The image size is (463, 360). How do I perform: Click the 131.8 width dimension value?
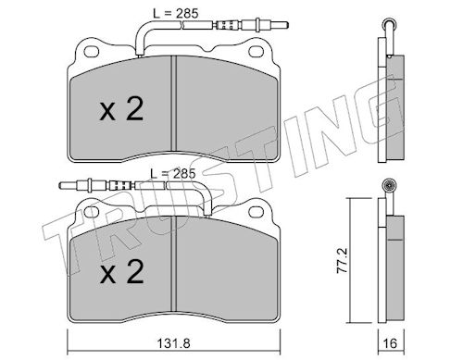(173, 343)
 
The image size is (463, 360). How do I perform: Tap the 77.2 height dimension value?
(342, 260)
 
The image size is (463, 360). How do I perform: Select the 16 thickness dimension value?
(390, 343)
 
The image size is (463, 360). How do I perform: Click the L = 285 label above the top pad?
(176, 13)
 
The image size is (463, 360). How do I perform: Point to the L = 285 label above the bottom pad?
(173, 174)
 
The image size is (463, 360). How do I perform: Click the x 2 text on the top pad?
(121, 109)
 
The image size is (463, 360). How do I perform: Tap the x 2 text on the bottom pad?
(121, 271)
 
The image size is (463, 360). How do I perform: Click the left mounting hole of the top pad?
(92, 52)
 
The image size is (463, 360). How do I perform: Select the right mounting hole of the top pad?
(256, 52)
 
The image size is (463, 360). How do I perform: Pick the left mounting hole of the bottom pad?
(92, 212)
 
